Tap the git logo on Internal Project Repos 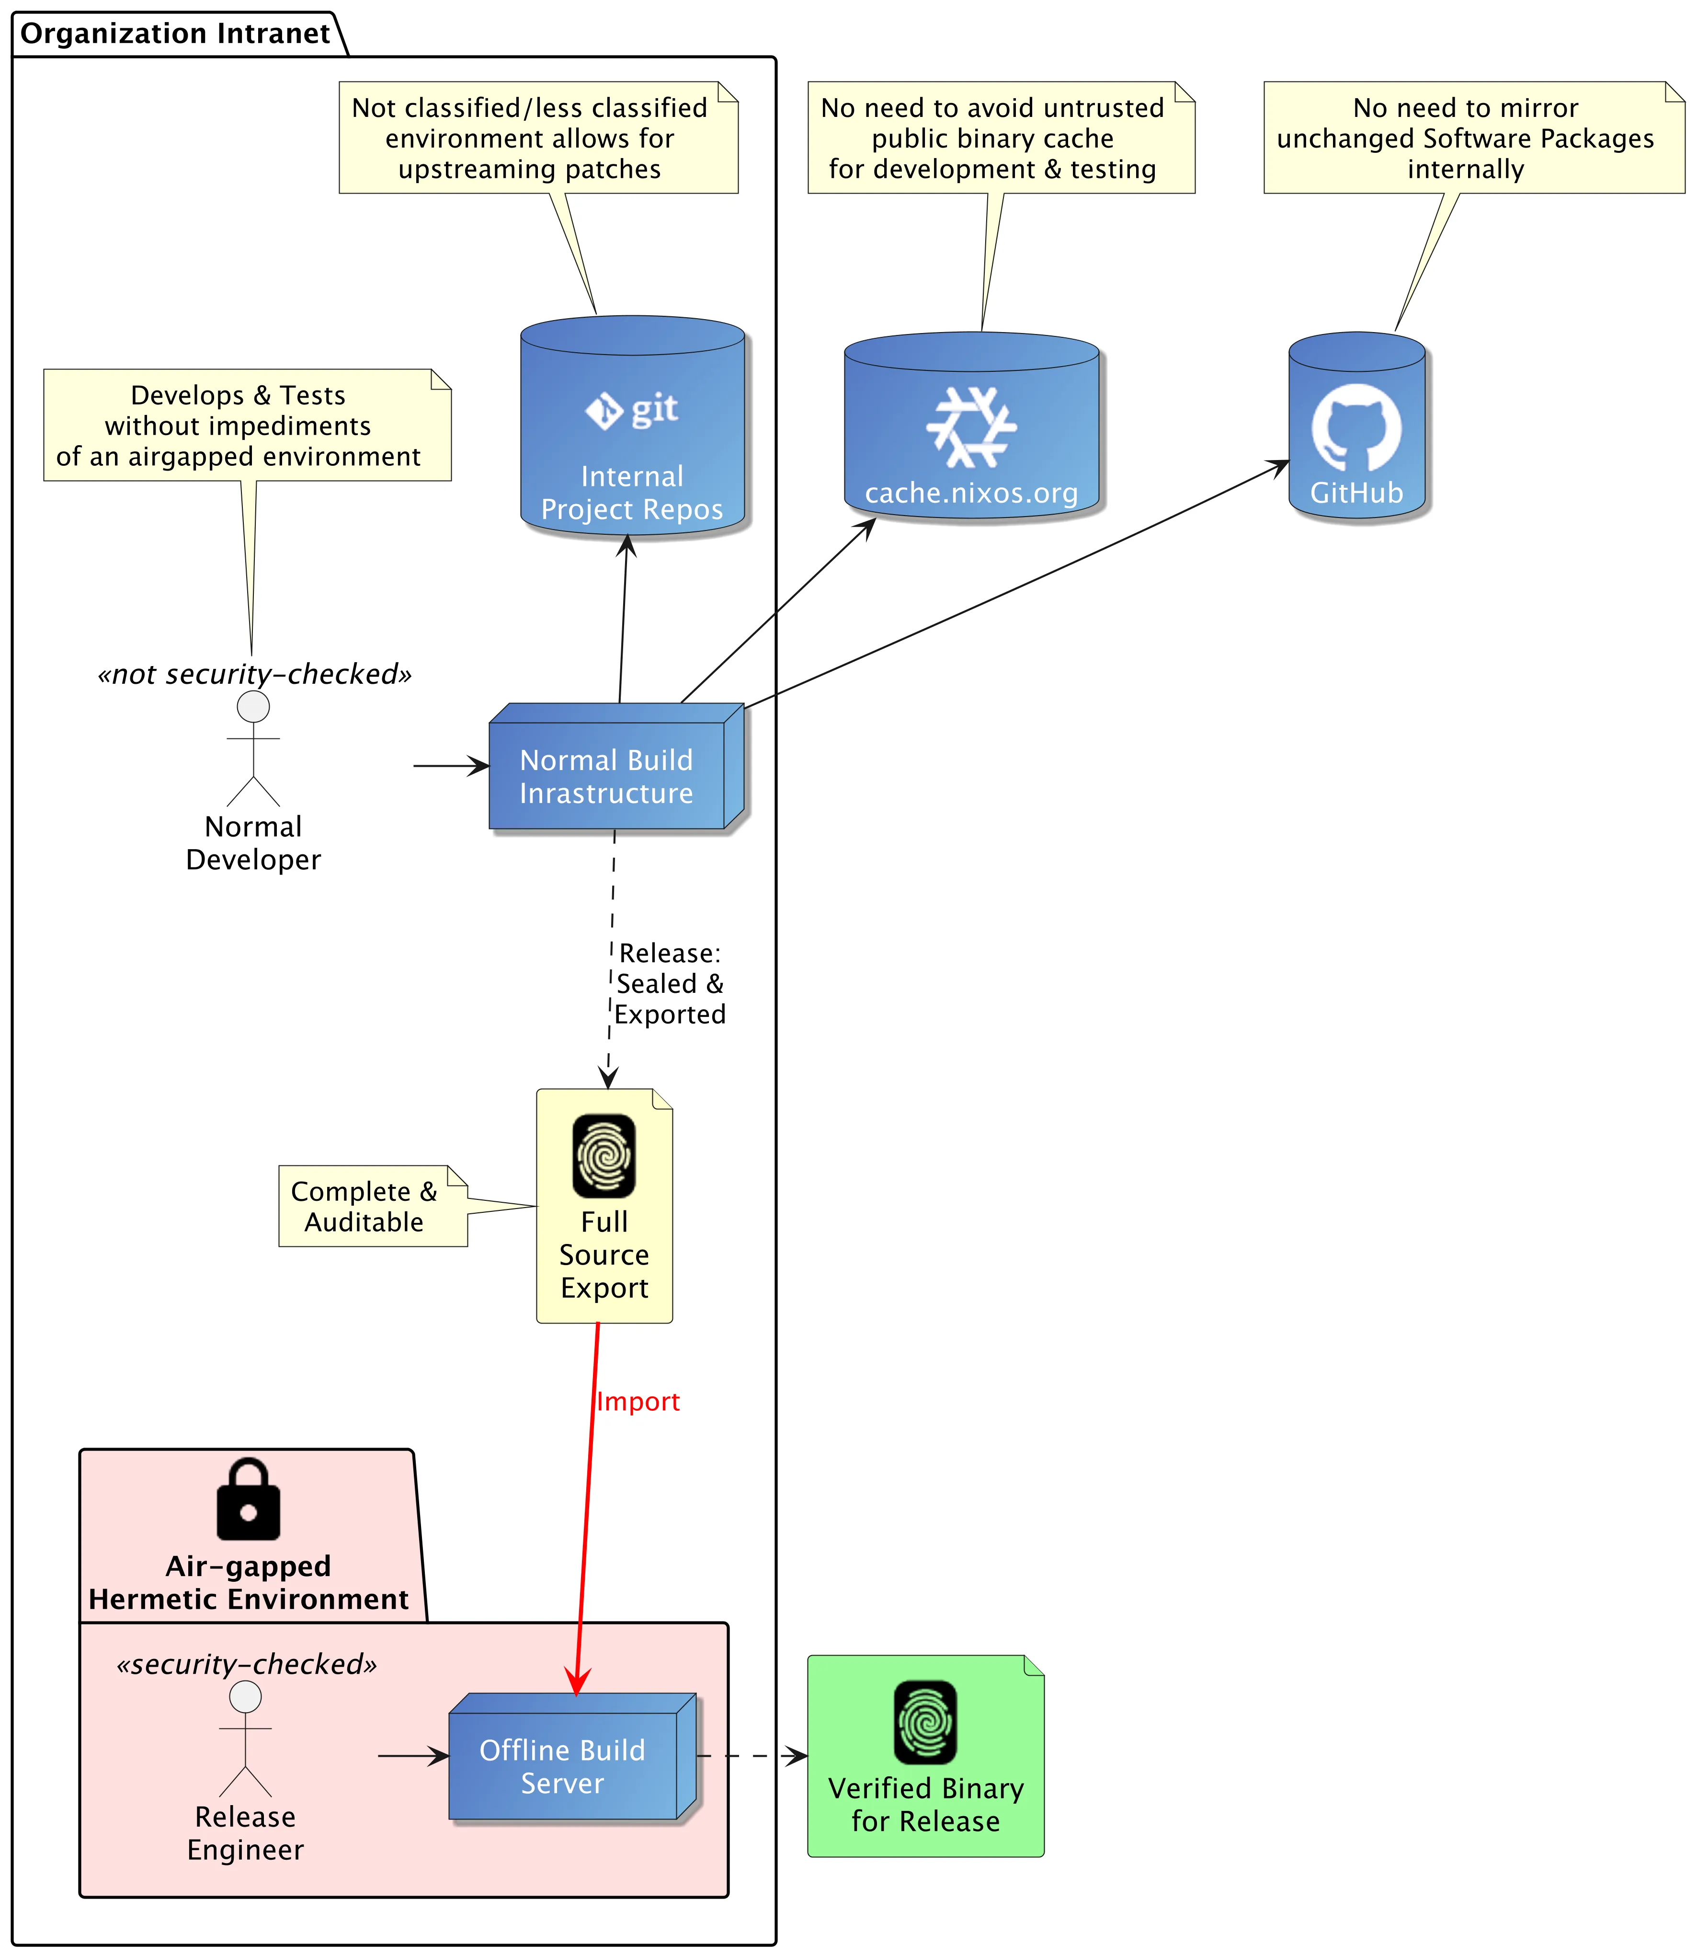(632, 410)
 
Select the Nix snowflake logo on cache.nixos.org (971, 427)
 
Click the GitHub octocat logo (1356, 426)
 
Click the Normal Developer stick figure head (253, 707)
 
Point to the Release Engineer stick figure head (245, 1696)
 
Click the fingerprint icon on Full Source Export (604, 1156)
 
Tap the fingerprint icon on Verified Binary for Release (925, 1722)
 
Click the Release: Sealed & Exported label (670, 983)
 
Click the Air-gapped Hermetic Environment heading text (248, 1582)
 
